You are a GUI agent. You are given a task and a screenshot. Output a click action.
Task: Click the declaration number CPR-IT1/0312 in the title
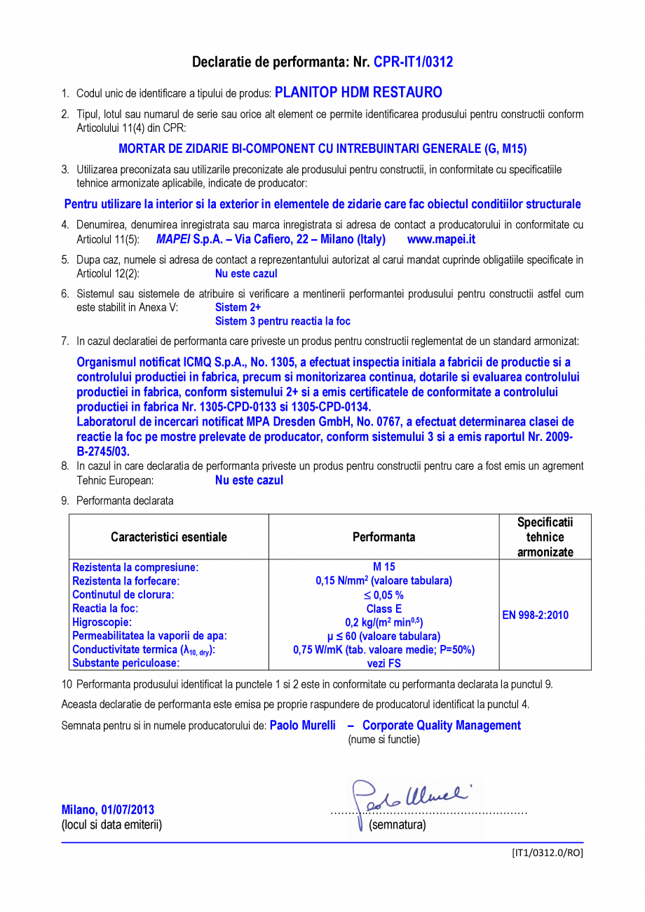(413, 62)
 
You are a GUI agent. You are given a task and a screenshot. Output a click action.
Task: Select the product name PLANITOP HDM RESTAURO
(358, 92)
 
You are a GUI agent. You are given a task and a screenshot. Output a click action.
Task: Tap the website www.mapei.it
(441, 239)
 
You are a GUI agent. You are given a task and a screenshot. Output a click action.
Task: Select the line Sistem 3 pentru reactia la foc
(283, 321)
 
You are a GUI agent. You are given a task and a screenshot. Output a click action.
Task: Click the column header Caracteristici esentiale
(169, 537)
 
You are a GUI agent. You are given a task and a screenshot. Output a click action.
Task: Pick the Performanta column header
(383, 537)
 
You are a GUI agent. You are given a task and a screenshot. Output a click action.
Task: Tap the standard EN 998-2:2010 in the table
(535, 615)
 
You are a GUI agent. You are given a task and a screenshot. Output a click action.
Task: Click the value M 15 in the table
(383, 567)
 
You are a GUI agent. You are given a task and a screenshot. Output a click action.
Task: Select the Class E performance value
(383, 608)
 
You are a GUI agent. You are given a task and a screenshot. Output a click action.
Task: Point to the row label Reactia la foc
(105, 608)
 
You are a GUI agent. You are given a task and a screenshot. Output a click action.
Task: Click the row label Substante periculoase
(126, 663)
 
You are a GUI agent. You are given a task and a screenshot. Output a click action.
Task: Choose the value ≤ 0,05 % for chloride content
(383, 594)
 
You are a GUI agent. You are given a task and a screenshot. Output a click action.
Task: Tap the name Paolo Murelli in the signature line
(302, 726)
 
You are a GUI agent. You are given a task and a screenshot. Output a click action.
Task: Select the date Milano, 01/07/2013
(108, 810)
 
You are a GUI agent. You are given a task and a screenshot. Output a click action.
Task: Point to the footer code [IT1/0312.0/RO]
(547, 853)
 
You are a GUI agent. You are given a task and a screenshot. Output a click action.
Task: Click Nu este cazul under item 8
(249, 480)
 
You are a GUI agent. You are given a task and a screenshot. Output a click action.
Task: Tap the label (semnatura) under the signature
(397, 825)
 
